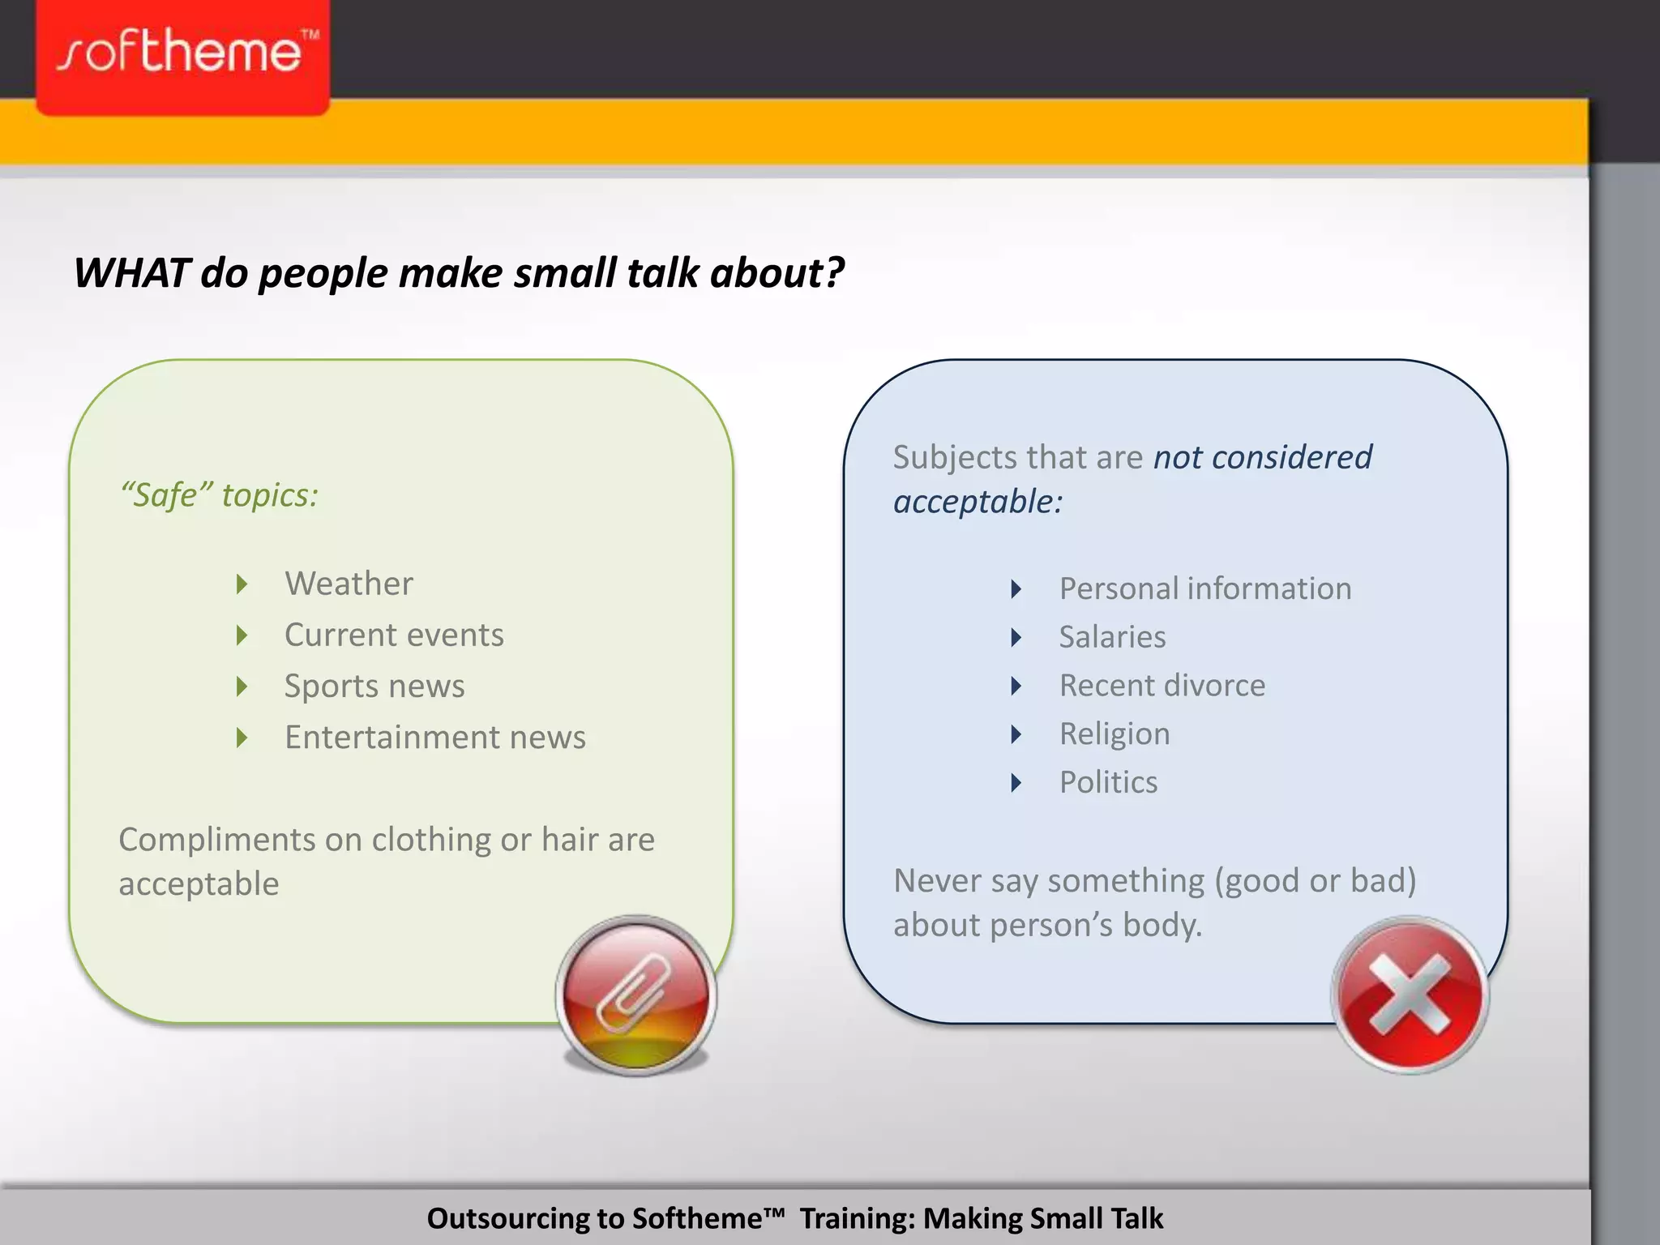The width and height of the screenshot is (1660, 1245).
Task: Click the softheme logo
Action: pyautogui.click(x=183, y=55)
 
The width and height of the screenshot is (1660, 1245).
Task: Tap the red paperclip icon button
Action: pyautogui.click(x=636, y=995)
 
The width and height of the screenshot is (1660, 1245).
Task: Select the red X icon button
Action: pyautogui.click(x=1410, y=995)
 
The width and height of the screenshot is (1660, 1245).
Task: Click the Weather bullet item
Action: pyautogui.click(x=349, y=584)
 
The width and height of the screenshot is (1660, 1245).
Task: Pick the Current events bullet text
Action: pyautogui.click(x=394, y=635)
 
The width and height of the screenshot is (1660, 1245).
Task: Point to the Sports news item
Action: pyautogui.click(x=374, y=686)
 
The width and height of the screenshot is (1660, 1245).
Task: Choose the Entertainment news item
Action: pyautogui.click(x=435, y=737)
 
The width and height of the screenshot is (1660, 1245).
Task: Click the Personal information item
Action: pyautogui.click(x=1205, y=588)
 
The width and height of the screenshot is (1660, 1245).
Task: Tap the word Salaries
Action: pyautogui.click(x=1112, y=637)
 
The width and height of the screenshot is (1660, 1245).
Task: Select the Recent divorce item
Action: pyautogui.click(x=1162, y=686)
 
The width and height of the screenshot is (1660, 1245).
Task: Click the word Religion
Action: pyautogui.click(x=1115, y=734)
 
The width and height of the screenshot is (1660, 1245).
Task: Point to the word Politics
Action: pyautogui.click(x=1108, y=782)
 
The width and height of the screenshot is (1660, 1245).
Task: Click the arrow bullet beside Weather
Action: pyautogui.click(x=242, y=584)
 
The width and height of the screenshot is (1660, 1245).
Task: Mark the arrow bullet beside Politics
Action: pyautogui.click(x=1016, y=782)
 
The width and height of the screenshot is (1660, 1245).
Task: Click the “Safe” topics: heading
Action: pyautogui.click(x=219, y=494)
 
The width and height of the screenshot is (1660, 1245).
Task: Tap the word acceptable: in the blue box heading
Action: pyautogui.click(x=978, y=502)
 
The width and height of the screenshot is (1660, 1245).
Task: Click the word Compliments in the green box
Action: pyautogui.click(x=216, y=840)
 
